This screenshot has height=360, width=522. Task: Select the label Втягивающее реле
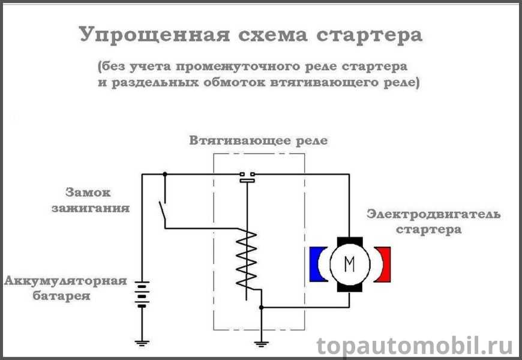[259, 142]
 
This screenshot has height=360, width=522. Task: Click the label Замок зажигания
[97, 201]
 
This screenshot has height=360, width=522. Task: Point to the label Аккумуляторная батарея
[65, 289]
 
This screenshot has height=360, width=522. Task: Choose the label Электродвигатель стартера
[433, 221]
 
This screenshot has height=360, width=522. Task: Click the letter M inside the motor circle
[350, 262]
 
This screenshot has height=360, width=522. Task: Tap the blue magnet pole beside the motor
[316, 263]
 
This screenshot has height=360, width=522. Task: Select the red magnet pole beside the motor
[383, 263]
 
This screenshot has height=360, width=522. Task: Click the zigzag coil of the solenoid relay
[247, 260]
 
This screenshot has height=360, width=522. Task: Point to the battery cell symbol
[142, 294]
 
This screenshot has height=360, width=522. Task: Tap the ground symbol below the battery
[142, 343]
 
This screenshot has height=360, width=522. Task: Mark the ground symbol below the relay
[261, 343]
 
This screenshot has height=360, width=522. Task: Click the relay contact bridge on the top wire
[247, 176]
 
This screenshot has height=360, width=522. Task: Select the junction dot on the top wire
[164, 175]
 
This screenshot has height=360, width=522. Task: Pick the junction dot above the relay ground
[261, 307]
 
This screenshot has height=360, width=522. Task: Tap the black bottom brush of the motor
[350, 287]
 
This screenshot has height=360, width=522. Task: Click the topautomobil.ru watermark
[415, 346]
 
